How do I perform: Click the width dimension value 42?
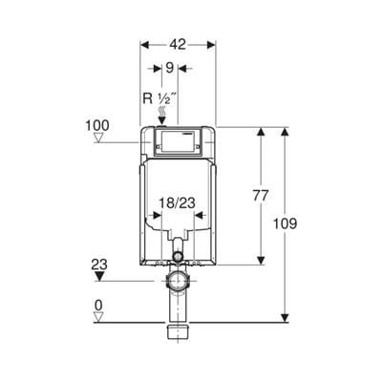coord(178,45)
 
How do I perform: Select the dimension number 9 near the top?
coord(170,68)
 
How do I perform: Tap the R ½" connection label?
coord(159,98)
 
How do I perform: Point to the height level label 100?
coord(96,125)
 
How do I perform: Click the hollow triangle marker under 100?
coord(99,138)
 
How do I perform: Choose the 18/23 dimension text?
coord(177,203)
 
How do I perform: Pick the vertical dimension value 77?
coord(261,196)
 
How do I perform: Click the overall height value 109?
coord(285,223)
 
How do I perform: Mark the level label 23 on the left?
coord(99,265)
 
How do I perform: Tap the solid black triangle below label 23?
coord(100,276)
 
